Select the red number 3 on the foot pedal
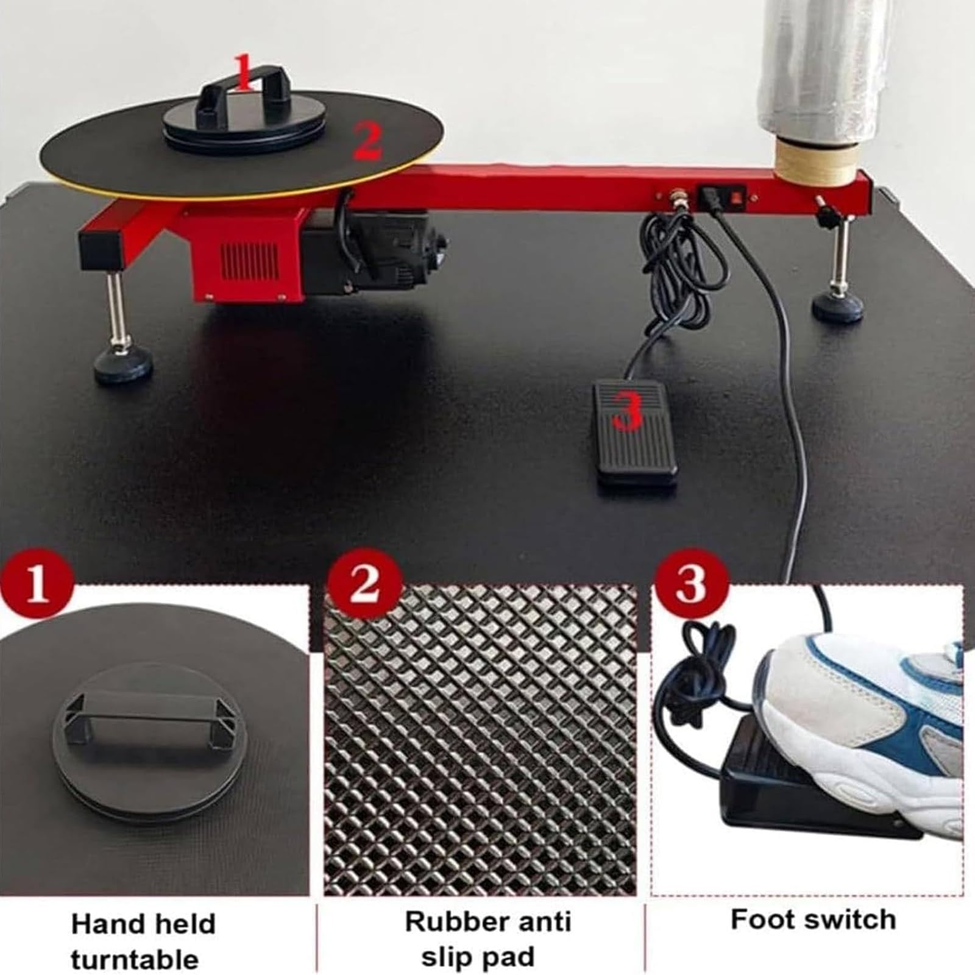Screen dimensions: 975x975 click(628, 412)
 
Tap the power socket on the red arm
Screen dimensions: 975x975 click(711, 196)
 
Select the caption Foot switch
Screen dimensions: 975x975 click(814, 920)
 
